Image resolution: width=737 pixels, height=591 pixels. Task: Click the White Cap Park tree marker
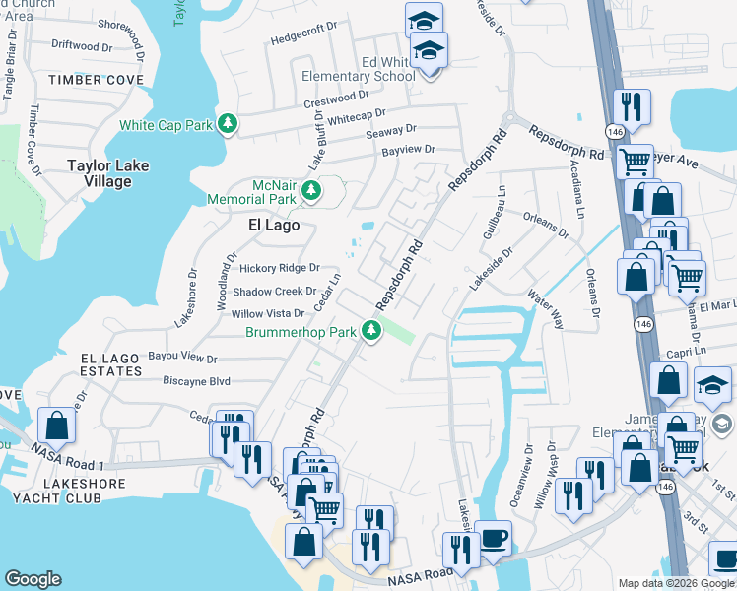click(229, 124)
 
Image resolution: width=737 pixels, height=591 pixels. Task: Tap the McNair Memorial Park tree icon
click(312, 190)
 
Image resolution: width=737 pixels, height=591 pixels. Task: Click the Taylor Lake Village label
click(107, 173)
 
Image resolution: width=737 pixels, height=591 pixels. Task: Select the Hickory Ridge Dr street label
click(274, 268)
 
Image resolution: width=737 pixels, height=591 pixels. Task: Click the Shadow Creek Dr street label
click(274, 292)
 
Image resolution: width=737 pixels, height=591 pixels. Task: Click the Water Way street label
click(544, 308)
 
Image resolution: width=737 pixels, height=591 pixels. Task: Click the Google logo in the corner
click(33, 579)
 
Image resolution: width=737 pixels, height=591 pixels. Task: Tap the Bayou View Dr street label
click(182, 357)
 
